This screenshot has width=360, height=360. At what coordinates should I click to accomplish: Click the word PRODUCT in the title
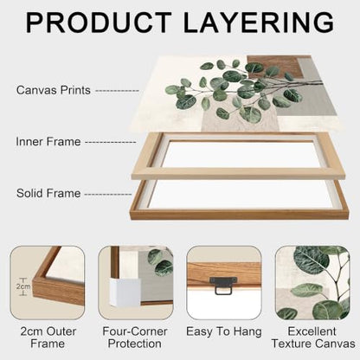pyautogui.click(x=98, y=22)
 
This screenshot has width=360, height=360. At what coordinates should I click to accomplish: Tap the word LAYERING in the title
pyautogui.click(x=259, y=22)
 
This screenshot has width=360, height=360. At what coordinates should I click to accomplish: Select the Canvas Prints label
pyautogui.click(x=54, y=90)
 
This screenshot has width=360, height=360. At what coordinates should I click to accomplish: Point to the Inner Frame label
pyautogui.click(x=48, y=142)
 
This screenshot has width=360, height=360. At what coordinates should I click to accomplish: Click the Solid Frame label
pyautogui.click(x=48, y=193)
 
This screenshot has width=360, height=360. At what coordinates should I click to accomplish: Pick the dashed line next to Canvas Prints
pyautogui.click(x=117, y=91)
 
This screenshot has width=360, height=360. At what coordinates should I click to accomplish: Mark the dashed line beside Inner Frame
pyautogui.click(x=111, y=143)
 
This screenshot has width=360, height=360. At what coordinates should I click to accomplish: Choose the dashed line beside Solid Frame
pyautogui.click(x=108, y=194)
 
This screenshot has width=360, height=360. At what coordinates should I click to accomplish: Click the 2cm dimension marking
pyautogui.click(x=23, y=286)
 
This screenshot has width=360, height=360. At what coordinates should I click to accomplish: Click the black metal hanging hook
pyautogui.click(x=223, y=285)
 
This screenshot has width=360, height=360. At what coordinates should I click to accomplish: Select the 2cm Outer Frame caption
pyautogui.click(x=48, y=337)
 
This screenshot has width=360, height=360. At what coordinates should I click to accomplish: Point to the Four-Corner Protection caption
pyautogui.click(x=135, y=337)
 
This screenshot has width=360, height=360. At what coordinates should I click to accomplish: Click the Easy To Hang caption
pyautogui.click(x=224, y=331)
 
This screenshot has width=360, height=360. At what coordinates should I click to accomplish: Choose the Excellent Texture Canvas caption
pyautogui.click(x=313, y=337)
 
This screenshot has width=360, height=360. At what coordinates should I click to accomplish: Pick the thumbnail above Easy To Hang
pyautogui.click(x=224, y=282)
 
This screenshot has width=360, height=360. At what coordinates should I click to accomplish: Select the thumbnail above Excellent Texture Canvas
pyautogui.click(x=312, y=282)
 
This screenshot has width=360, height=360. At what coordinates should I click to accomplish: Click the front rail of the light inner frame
pyautogui.click(x=239, y=174)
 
